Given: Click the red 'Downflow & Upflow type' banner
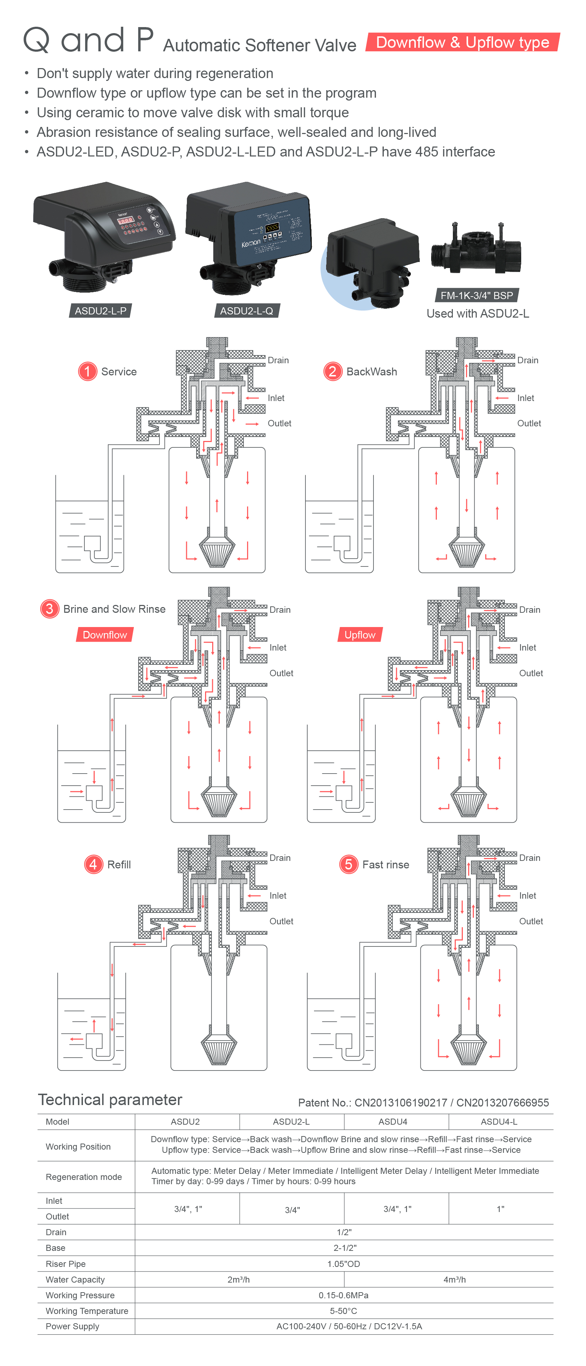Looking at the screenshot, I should [x=462, y=42].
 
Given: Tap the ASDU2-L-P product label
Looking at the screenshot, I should [x=101, y=311].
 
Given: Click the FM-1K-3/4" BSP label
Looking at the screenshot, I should [x=476, y=296].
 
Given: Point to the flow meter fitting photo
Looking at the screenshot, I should [x=476, y=249].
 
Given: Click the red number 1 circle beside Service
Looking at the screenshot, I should [x=88, y=371].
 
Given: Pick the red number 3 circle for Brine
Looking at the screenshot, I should [x=49, y=609].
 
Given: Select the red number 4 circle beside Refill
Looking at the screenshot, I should [x=93, y=864].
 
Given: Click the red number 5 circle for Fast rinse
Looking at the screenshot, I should [x=348, y=864].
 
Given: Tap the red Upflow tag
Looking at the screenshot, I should [x=360, y=635].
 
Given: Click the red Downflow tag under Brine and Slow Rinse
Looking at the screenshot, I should [x=105, y=635].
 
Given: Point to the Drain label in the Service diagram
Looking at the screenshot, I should [x=278, y=360].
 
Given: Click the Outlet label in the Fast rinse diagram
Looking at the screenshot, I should [x=531, y=921].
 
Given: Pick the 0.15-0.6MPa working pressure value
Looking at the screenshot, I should [x=343, y=1295].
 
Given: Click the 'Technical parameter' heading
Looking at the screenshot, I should [x=110, y=1100].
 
